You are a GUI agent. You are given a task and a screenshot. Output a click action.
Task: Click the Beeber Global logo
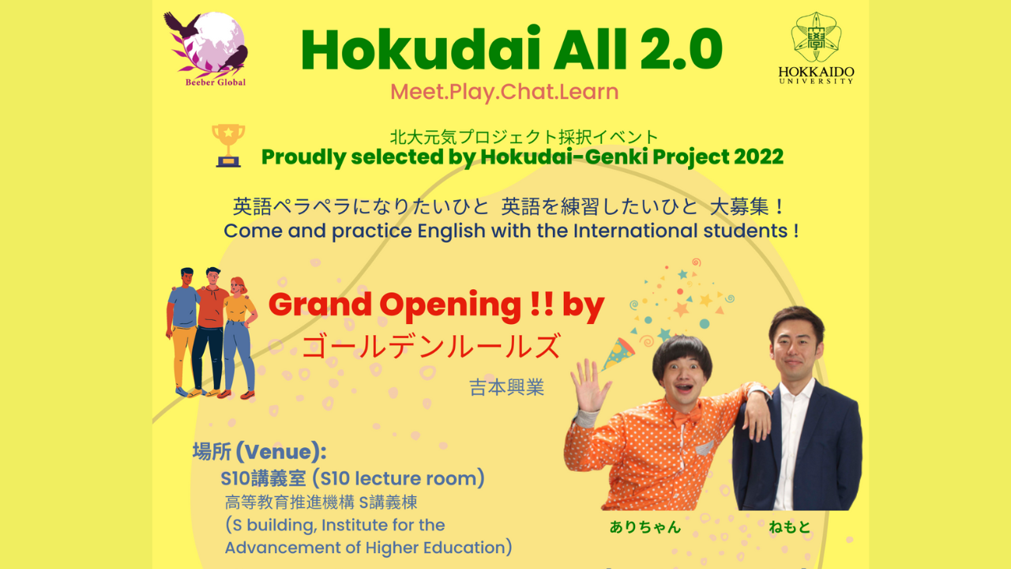tap(205, 47)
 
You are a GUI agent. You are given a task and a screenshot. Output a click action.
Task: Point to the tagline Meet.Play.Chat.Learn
tap(504, 92)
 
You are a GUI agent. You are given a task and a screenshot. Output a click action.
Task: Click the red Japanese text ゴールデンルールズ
tap(431, 346)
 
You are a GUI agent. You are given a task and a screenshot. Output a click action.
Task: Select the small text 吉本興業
tap(506, 388)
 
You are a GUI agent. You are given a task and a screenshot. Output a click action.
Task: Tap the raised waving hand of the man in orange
tap(591, 385)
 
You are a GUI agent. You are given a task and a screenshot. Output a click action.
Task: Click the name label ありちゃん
tap(645, 527)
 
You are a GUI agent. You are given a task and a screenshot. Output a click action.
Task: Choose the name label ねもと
tap(790, 527)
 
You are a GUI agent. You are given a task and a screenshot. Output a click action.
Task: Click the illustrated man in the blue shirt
tap(183, 328)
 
